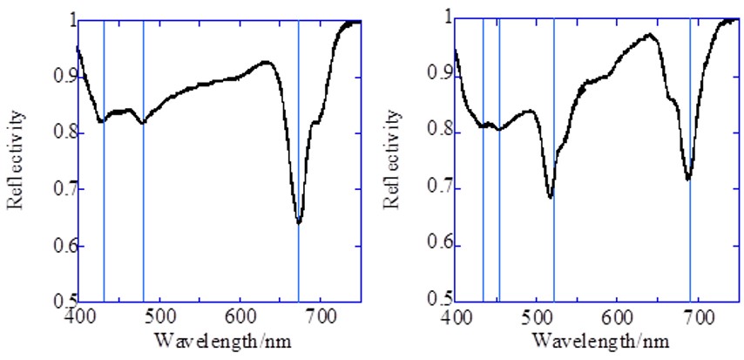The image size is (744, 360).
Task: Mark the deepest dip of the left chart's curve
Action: [299, 222]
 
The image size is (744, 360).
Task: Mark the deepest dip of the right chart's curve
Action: [551, 197]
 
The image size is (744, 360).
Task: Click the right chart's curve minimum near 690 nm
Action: [688, 179]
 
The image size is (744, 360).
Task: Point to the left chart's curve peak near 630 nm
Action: [266, 62]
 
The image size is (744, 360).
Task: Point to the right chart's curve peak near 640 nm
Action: [649, 35]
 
